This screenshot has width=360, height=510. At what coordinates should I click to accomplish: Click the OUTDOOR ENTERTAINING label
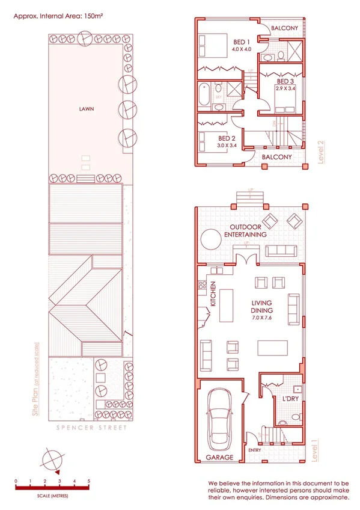tap(245, 230)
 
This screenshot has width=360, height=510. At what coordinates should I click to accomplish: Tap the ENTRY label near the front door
tap(254, 450)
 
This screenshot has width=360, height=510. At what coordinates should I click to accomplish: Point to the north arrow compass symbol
tap(51, 460)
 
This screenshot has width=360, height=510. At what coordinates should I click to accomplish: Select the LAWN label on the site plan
tap(87, 109)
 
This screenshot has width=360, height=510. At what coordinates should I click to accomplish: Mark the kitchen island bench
tap(227, 306)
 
